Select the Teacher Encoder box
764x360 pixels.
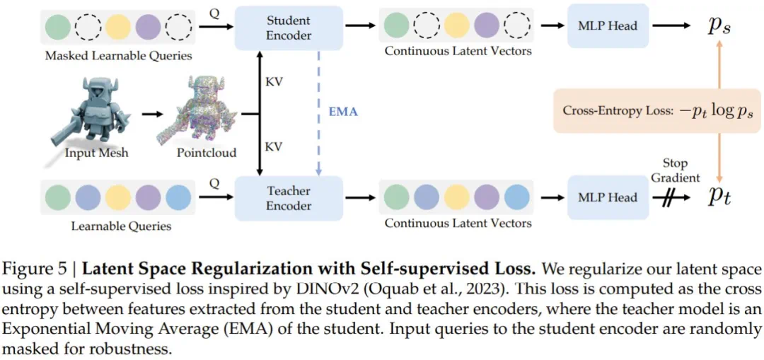coord(288,197)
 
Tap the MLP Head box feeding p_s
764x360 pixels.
coord(608,25)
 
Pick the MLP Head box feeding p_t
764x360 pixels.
coord(608,197)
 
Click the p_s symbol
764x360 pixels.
coord(719,26)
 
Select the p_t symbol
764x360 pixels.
coord(719,197)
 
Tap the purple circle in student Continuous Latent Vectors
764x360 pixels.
coord(487,27)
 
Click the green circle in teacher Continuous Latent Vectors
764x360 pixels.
coord(397,197)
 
